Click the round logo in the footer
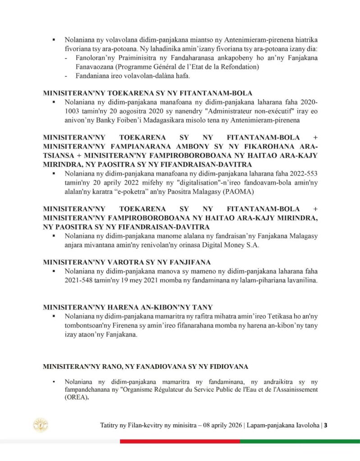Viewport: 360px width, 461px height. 41,425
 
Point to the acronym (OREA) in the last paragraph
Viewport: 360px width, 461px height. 76,398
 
